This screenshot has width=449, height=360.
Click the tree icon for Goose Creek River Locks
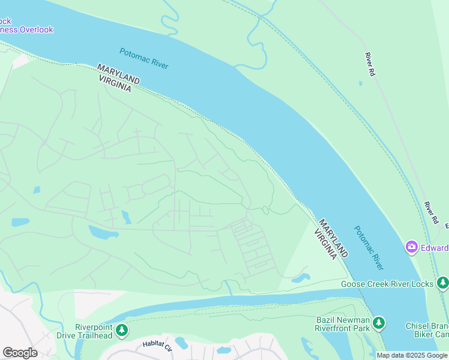[442, 283]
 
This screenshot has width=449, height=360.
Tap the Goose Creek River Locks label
[388, 284]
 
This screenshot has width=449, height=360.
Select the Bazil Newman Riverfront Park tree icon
[378, 323]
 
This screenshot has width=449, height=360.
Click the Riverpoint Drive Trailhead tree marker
[122, 331]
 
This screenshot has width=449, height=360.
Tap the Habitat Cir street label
[157, 345]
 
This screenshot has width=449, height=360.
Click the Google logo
[20, 353]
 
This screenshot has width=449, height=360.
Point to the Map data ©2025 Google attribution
[412, 356]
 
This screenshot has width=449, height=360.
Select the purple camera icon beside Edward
[412, 247]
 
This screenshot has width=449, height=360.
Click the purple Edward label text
[435, 248]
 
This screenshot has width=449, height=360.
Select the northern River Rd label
[369, 64]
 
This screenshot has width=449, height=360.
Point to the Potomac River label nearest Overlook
[144, 58]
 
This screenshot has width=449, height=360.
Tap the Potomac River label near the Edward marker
[369, 247]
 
